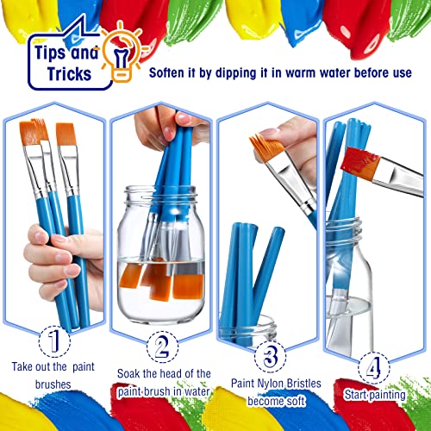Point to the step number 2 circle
coord(161,349)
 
